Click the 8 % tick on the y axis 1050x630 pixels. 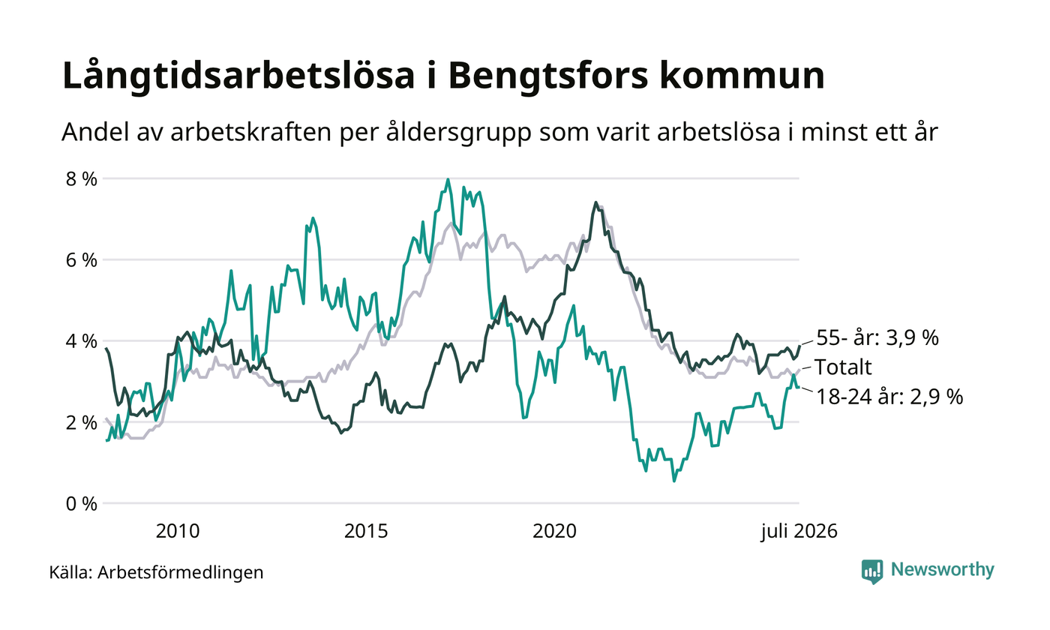coord(81,179)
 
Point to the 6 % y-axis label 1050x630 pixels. coord(81,260)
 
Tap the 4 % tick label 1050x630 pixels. coord(81,341)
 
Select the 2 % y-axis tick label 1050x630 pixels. coord(81,423)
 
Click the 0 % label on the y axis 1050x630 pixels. coord(81,504)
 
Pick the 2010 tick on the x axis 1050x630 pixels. coord(178,531)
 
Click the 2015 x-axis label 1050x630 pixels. coord(366,531)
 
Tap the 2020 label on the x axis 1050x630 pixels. coord(554,531)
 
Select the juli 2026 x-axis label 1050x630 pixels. coord(799,532)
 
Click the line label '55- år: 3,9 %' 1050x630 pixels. coord(877,337)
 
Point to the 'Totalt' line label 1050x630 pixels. coord(843,367)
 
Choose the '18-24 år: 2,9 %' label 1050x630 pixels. coord(889,397)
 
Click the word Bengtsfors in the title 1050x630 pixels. coord(548,76)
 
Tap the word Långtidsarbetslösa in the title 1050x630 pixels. coord(238,75)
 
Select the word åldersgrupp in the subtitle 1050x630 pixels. coord(459,133)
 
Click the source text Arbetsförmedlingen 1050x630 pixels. coord(181,573)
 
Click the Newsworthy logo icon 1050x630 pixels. coord(871,571)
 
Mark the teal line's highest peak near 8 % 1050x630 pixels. coord(448,179)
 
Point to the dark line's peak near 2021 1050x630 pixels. coord(595,202)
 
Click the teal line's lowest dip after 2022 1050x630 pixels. coord(674,481)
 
